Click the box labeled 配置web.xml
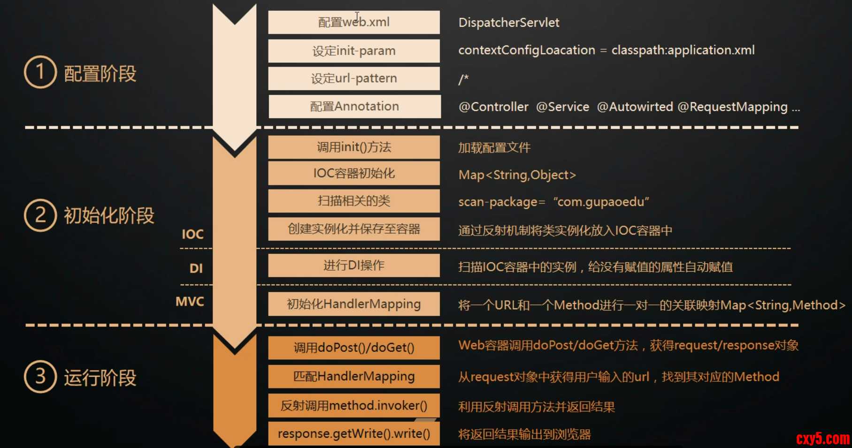click(x=354, y=23)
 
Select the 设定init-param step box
click(x=354, y=51)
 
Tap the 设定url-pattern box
click(x=354, y=78)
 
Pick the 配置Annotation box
click(x=354, y=106)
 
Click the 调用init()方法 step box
click(x=354, y=147)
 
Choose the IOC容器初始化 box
click(x=354, y=174)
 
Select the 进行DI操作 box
click(x=354, y=266)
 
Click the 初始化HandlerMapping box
click(x=354, y=304)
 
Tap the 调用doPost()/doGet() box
click(x=354, y=348)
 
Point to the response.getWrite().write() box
click(x=354, y=433)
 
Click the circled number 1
click(x=40, y=72)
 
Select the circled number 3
click(x=40, y=376)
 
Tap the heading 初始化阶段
click(x=109, y=216)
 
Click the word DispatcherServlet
click(x=509, y=23)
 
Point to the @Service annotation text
click(x=562, y=107)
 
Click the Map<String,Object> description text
click(x=517, y=175)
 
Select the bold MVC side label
click(x=190, y=301)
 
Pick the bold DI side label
click(x=196, y=268)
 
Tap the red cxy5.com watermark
click(x=822, y=439)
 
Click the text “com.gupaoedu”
click(x=601, y=202)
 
